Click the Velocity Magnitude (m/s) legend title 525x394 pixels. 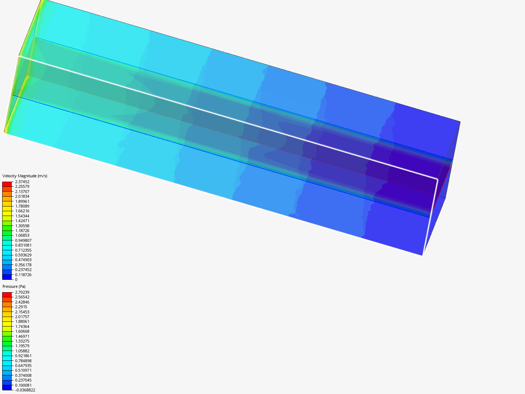25,176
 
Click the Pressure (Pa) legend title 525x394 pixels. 14,286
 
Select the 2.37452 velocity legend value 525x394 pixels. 22,182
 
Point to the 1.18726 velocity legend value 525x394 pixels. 22,231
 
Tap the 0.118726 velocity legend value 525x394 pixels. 23,275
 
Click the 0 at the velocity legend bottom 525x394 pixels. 16,279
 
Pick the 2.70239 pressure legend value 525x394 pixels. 22,292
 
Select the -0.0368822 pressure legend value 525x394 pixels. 25,390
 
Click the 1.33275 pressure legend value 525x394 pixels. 22,341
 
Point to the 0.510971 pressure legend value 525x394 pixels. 23,370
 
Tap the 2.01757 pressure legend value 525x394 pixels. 22,317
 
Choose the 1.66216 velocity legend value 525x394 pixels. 22,211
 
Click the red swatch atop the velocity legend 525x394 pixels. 7,184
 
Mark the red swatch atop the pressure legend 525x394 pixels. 7,294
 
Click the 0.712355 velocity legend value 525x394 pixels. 23,250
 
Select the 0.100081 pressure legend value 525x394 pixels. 23,385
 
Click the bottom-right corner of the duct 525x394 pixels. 422,255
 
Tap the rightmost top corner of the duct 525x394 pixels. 460,122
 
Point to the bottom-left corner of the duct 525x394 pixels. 4,132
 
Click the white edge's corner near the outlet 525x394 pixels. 437,179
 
